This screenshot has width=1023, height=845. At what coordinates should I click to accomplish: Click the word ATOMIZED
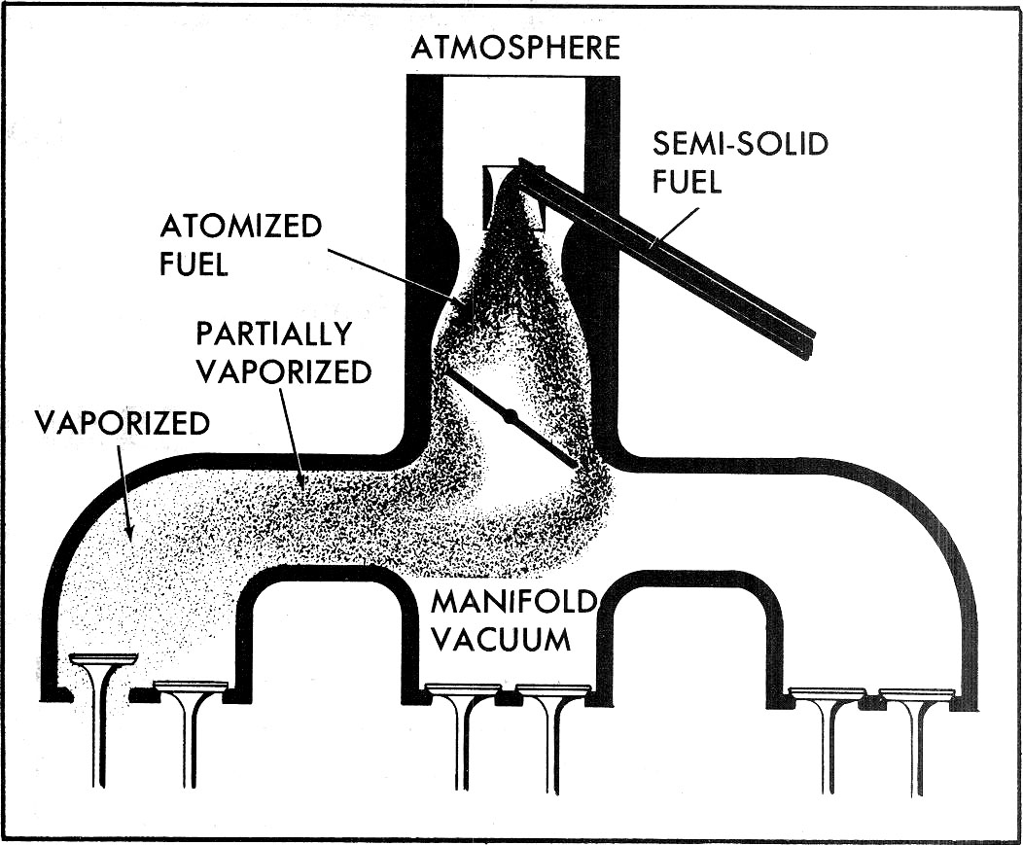(x=240, y=227)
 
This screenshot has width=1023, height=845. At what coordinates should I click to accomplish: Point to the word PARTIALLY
(x=272, y=334)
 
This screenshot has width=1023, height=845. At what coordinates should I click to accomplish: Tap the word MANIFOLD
(x=511, y=601)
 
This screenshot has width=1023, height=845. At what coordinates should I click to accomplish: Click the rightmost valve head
(x=916, y=694)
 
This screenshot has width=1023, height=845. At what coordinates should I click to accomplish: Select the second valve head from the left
(x=191, y=687)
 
